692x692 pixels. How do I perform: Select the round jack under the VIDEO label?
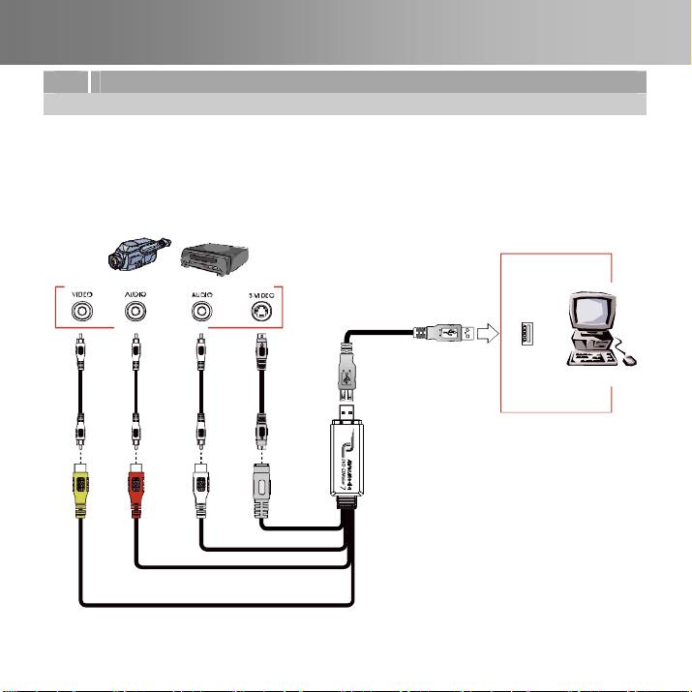coord(81,313)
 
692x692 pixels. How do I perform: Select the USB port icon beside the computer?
coord(527,334)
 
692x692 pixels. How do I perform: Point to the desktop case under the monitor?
coord(592,344)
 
